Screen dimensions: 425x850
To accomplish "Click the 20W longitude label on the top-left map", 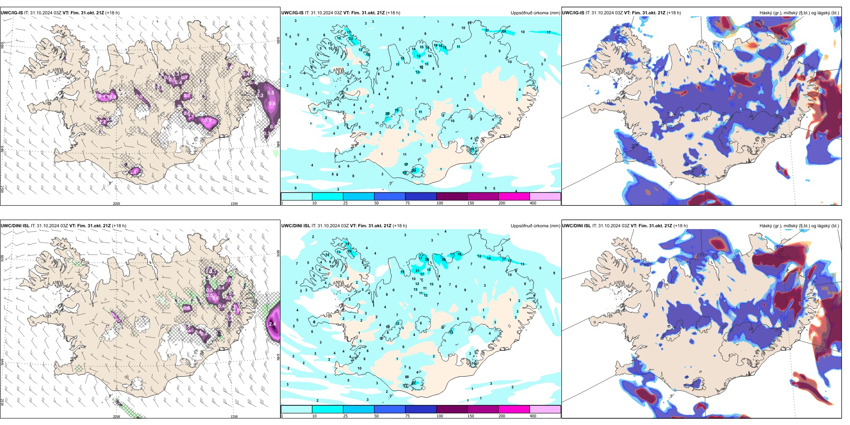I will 116,204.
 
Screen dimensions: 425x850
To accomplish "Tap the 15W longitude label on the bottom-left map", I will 234,416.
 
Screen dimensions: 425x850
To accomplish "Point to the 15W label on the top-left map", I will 234,204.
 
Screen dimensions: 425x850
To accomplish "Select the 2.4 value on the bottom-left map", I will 272,324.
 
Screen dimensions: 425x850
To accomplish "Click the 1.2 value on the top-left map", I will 103,122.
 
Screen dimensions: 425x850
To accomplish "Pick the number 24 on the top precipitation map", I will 504,32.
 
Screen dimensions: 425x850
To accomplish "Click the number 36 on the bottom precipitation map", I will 444,259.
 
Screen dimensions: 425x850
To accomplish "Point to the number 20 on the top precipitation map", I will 387,114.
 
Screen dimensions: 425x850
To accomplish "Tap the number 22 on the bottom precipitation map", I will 349,251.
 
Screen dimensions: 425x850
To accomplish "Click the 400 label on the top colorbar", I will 533,203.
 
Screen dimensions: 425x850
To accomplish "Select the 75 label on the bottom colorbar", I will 408,416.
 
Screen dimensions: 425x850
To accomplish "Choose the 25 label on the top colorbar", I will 345,203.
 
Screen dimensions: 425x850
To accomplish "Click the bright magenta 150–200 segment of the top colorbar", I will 514,196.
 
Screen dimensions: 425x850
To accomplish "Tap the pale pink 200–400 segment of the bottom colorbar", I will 545,409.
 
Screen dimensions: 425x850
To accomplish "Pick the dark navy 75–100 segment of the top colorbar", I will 421,196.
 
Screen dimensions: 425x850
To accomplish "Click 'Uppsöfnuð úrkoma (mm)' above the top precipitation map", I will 535,13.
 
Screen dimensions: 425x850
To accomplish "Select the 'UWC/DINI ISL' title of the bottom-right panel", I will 576,226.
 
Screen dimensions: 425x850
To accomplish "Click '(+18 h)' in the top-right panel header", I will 674,13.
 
